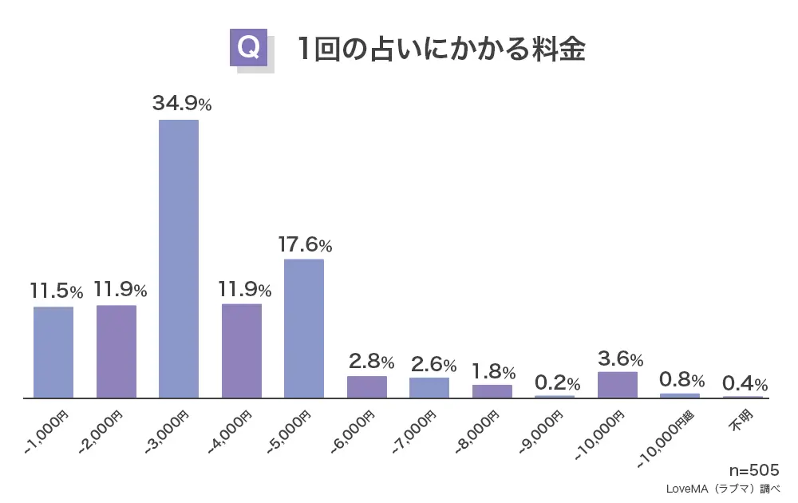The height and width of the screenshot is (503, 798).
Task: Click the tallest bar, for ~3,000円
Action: pos(179,259)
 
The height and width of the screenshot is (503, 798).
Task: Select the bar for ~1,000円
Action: pos(53,352)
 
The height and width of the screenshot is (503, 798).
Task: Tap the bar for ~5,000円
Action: pos(304,328)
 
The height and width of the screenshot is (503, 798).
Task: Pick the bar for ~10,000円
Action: pos(618,385)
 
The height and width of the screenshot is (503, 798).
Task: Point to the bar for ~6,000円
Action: pos(367,387)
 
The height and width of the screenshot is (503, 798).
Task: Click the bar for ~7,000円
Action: pos(429,388)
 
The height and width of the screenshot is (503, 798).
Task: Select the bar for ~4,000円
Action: pos(242,351)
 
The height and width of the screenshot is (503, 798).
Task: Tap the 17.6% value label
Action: pos(304,245)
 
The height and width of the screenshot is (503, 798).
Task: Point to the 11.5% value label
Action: pos(56,291)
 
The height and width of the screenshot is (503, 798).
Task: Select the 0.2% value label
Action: pos(557,382)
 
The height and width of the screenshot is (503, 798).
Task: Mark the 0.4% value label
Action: pos(745,383)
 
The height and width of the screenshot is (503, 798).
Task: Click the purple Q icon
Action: pos(248,49)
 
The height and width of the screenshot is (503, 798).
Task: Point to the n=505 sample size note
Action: pos(753,470)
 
